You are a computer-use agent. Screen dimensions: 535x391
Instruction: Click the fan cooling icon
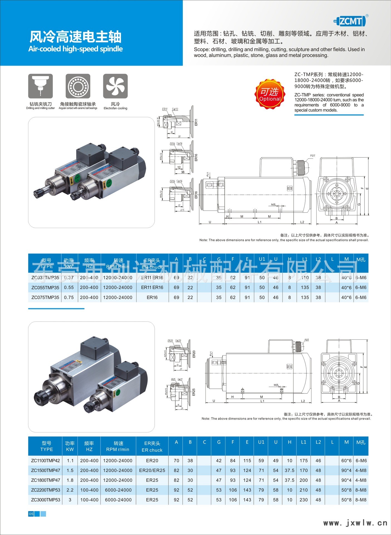(115, 86)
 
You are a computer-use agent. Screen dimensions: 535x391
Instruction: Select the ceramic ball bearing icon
(78, 86)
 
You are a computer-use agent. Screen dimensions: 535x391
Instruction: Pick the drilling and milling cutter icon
(41, 86)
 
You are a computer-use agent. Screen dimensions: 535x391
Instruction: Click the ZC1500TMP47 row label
(46, 470)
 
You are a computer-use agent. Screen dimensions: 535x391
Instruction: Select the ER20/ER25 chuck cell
(152, 470)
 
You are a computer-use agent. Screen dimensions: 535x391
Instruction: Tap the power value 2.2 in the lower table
(70, 490)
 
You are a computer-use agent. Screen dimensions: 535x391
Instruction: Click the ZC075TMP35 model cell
(45, 297)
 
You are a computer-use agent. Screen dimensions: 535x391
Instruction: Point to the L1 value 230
(304, 500)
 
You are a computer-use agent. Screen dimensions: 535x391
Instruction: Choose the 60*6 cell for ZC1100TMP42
(346, 461)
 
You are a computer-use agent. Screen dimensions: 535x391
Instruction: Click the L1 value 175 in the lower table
(304, 461)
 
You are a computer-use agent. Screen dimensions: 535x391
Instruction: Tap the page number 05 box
(31, 514)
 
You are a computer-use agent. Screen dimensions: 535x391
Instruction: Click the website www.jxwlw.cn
(355, 523)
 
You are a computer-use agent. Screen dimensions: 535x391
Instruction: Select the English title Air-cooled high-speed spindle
(75, 49)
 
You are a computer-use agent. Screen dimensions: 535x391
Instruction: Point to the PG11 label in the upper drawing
(313, 156)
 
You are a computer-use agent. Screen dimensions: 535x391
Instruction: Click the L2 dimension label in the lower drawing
(303, 401)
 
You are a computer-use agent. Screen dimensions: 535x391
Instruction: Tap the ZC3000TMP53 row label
(46, 500)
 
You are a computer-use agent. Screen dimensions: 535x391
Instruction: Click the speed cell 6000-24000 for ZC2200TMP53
(118, 490)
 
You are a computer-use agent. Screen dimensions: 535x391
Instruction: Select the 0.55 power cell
(69, 287)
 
